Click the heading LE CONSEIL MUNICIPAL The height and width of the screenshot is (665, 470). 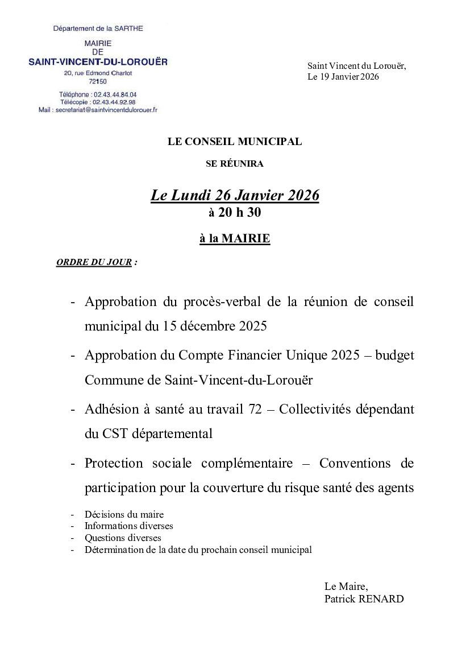235,142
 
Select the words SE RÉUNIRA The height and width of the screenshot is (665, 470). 235,164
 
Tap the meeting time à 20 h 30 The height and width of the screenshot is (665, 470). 235,213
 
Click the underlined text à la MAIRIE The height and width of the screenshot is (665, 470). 235,239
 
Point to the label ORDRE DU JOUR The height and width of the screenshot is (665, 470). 94,263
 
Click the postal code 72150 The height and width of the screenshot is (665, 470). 98,81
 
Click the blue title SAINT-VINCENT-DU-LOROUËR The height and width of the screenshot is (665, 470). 98,61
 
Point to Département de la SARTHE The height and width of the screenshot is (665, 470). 98,28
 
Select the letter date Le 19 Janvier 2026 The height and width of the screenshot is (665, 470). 343,77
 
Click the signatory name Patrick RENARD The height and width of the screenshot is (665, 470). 364,599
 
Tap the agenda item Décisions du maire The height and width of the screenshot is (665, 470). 124,514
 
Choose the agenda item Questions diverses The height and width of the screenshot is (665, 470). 123,538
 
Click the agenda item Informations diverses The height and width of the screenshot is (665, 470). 128,526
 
